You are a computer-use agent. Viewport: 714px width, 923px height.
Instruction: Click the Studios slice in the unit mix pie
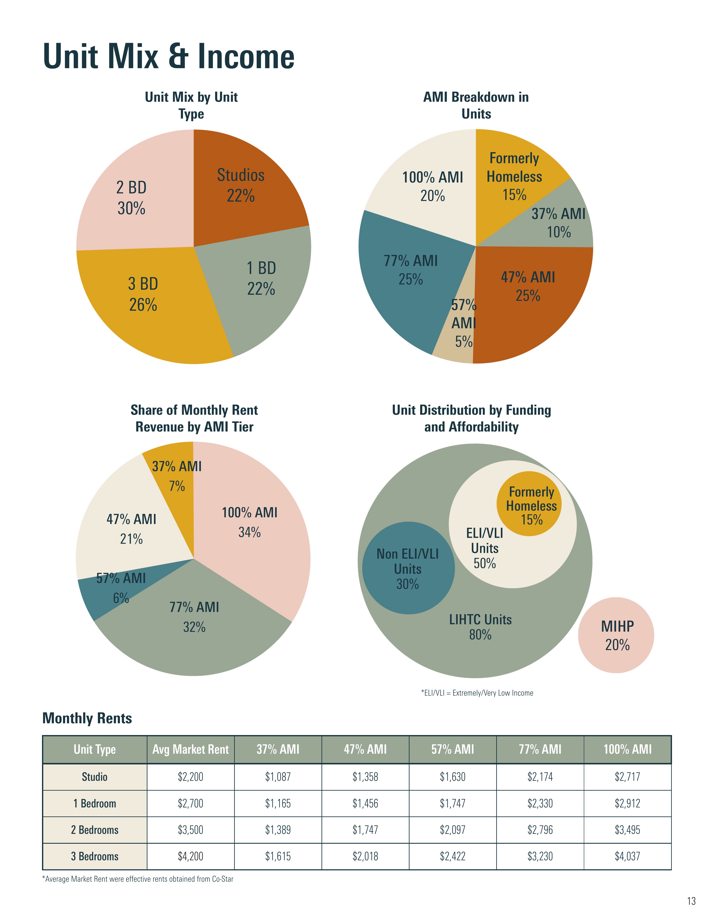[x=241, y=186]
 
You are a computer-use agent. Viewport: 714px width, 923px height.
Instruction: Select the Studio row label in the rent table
[x=95, y=777]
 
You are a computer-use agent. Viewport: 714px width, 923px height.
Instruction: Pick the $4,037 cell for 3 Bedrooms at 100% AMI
[x=627, y=856]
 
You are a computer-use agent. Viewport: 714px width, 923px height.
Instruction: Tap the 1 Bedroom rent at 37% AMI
[x=278, y=803]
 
